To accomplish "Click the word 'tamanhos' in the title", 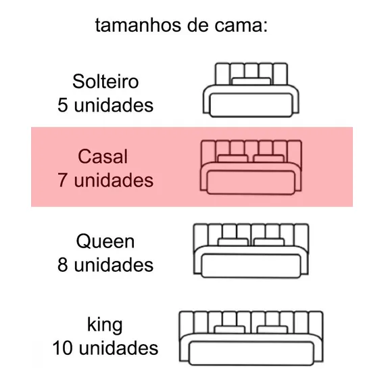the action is tap(138, 25).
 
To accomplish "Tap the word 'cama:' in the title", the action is tap(241, 26).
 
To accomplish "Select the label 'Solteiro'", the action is tap(105, 81).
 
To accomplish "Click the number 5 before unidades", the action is tap(62, 105).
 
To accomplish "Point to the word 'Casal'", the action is tap(103, 156).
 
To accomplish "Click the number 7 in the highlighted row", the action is tap(62, 181).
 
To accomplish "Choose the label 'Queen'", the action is tap(105, 241).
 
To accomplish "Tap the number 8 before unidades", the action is tap(62, 265).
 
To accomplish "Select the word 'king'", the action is tap(105, 325).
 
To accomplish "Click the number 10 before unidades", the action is tap(62, 348).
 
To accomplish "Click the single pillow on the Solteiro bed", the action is tap(251, 82).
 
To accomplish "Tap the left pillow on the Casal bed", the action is tap(233, 159).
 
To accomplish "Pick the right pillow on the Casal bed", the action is tap(268, 159).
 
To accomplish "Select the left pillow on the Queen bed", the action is tap(233, 242).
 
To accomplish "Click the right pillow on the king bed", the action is tap(272, 330).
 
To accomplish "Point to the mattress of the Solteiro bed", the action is tap(251, 105).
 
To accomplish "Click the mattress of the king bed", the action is tap(251, 354).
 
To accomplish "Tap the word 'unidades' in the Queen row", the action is tap(114, 265).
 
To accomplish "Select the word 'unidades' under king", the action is tap(118, 348).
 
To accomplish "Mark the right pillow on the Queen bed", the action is tap(269, 242).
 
